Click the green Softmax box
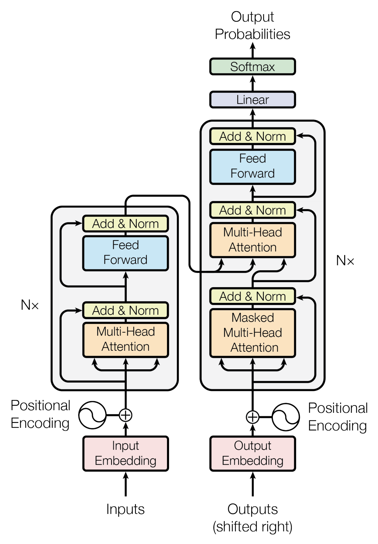(x=252, y=67)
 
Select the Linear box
(x=252, y=100)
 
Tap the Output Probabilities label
(x=252, y=26)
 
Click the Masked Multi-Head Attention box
(x=252, y=332)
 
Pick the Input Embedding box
(x=125, y=453)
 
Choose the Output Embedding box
(x=252, y=453)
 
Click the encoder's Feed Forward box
(x=125, y=253)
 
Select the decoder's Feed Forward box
(x=252, y=166)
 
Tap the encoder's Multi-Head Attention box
(x=125, y=339)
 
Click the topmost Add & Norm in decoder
(x=252, y=137)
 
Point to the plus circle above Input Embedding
(x=125, y=415)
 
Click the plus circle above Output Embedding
(x=252, y=417)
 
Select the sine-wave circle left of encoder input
(x=92, y=415)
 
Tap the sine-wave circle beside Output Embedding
(x=286, y=417)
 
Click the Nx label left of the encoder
(x=30, y=305)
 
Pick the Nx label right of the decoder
(x=345, y=261)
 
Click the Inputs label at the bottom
(x=125, y=509)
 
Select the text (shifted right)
(x=252, y=527)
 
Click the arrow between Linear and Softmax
(x=252, y=83)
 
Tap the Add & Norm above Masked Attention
(x=252, y=296)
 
